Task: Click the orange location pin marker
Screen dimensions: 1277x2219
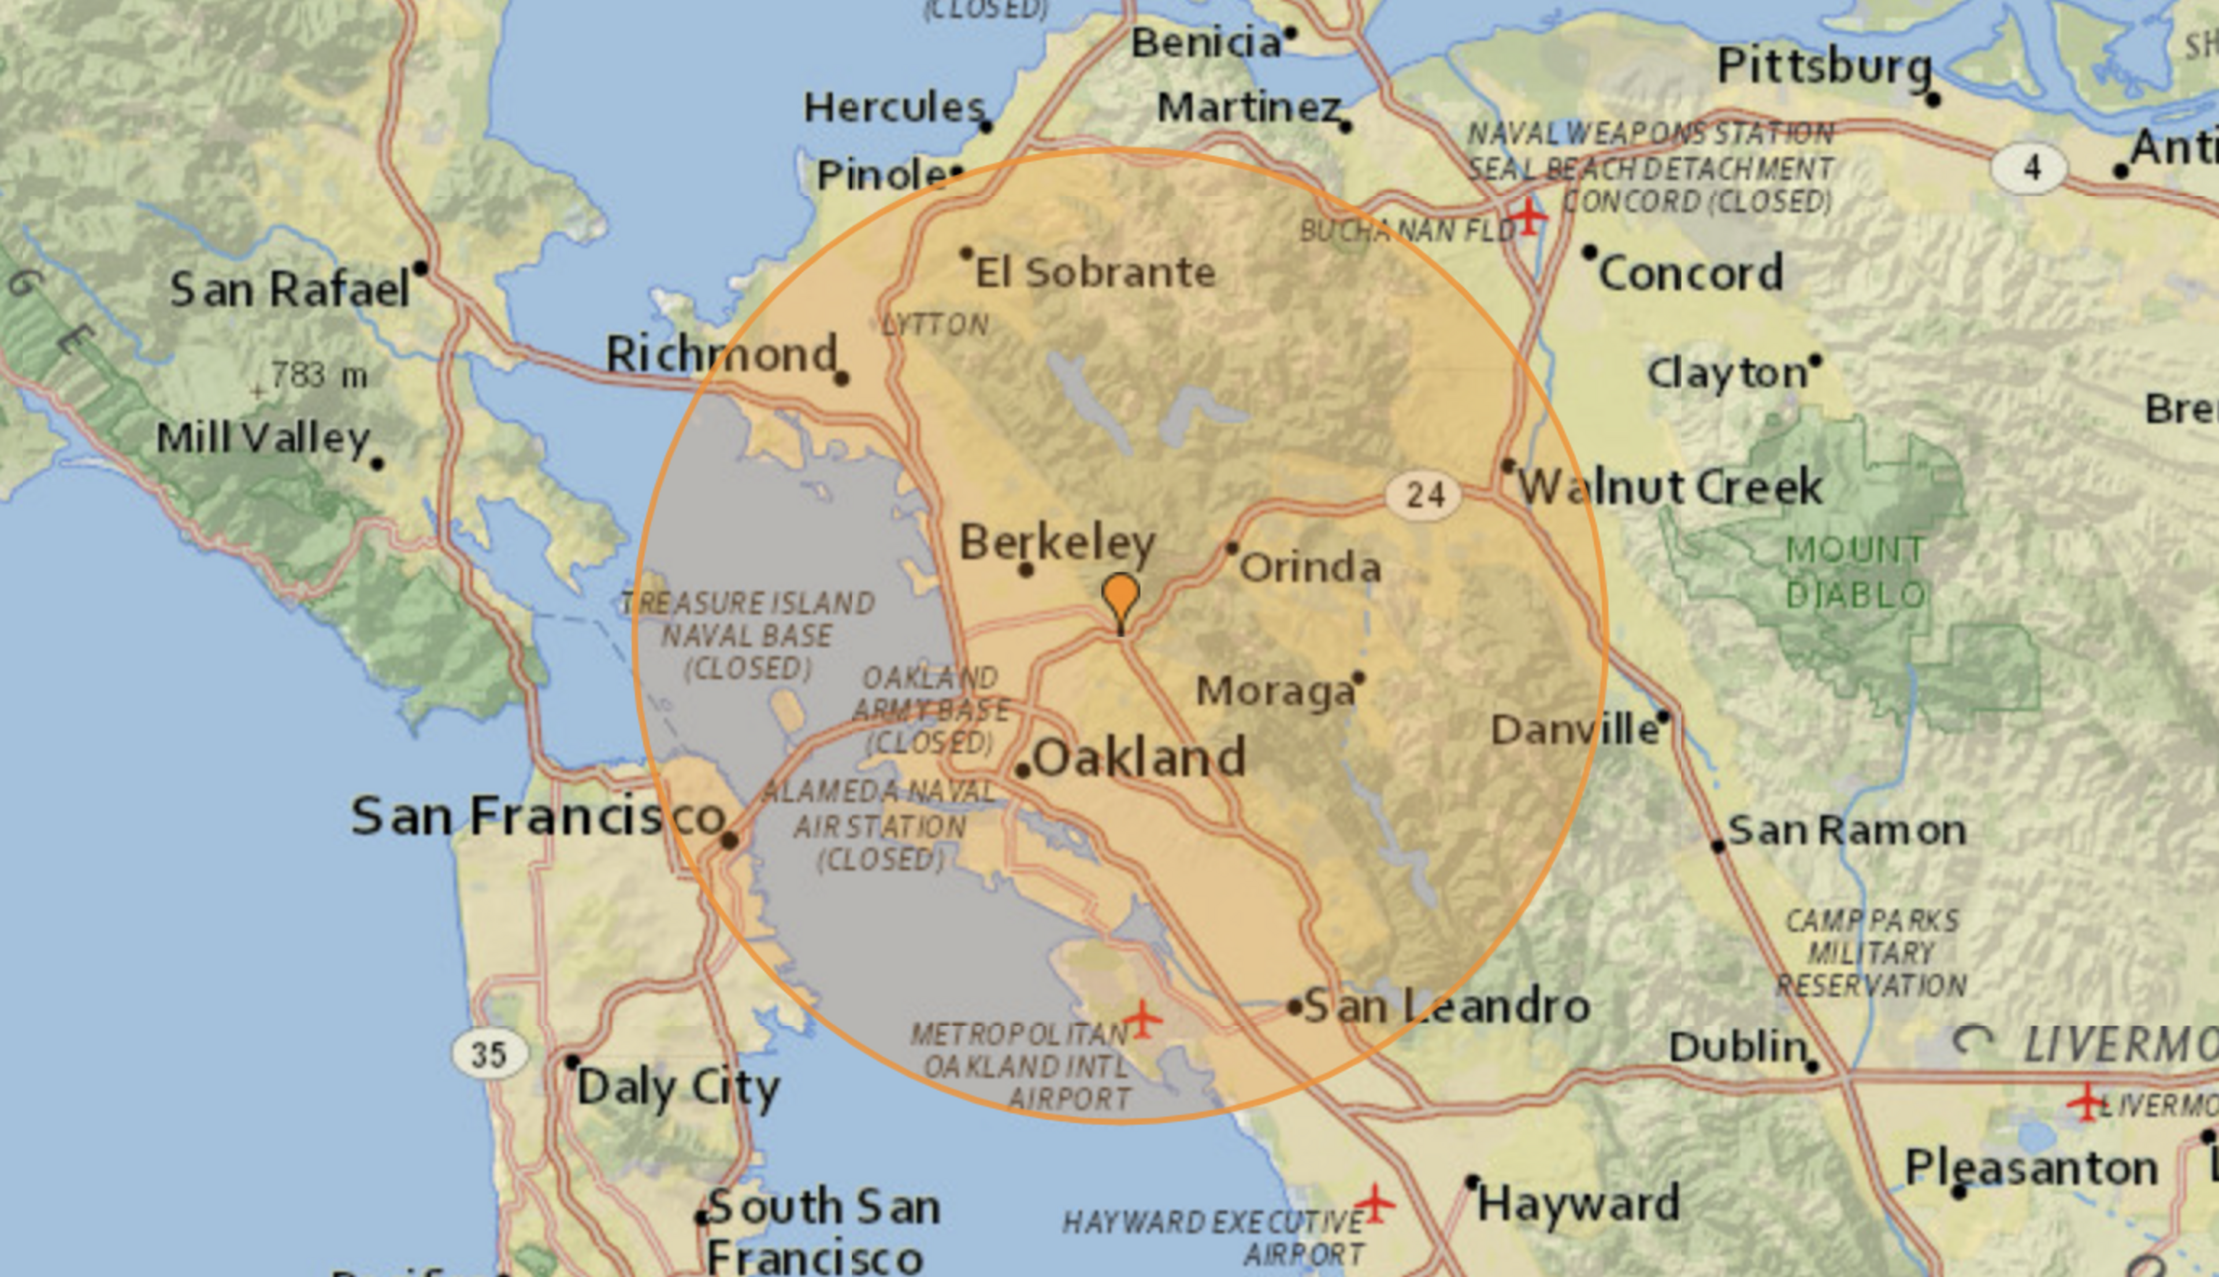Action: pos(1120,599)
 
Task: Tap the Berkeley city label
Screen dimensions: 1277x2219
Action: pos(1057,543)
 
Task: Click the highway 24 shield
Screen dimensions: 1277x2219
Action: pos(1424,495)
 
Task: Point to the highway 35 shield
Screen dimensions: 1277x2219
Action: pos(489,1053)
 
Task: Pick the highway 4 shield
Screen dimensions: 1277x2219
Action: pos(2029,168)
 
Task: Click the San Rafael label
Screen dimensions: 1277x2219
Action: pos(290,290)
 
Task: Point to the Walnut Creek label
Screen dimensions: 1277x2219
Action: pos(1670,488)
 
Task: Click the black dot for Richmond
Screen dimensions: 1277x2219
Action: pos(841,379)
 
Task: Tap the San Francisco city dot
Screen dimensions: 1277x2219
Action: pos(729,840)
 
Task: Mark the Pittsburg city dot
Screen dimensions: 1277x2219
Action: pos(1932,100)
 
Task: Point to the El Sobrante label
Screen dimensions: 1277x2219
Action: pos(1095,273)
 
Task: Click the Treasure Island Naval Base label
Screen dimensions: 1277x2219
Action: pos(747,635)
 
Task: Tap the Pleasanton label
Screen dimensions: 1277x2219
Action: pos(2031,1168)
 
